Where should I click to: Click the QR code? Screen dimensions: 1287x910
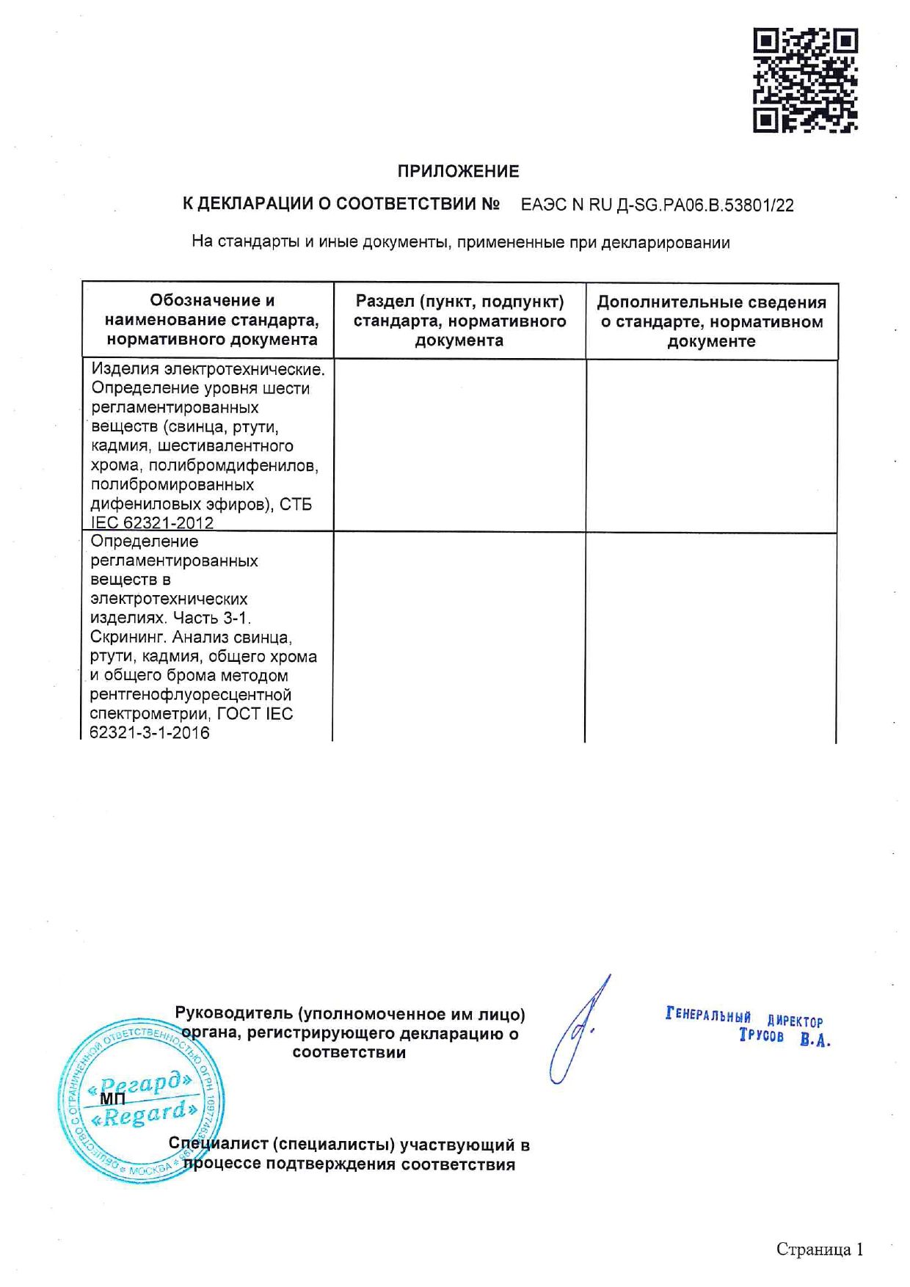pyautogui.click(x=805, y=80)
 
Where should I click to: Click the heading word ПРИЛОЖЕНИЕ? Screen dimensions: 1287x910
pyautogui.click(x=458, y=172)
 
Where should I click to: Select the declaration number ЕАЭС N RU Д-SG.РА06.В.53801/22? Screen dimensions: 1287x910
pyautogui.click(x=657, y=205)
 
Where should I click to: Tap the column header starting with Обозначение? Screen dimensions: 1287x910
pyautogui.click(x=211, y=320)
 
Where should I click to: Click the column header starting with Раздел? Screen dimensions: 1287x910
pyautogui.click(x=459, y=321)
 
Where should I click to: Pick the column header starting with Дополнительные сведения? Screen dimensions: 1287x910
pyautogui.click(x=711, y=321)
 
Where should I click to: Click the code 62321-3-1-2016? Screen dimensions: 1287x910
pyautogui.click(x=150, y=733)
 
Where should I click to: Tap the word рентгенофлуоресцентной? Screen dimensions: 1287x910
pyautogui.click(x=191, y=695)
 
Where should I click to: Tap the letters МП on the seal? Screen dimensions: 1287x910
pyautogui.click(x=112, y=1099)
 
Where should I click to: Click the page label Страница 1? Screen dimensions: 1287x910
pyautogui.click(x=820, y=1250)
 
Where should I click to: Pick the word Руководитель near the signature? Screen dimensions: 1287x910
pyautogui.click(x=233, y=1014)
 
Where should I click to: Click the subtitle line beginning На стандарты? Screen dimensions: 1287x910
pyautogui.click(x=460, y=242)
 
